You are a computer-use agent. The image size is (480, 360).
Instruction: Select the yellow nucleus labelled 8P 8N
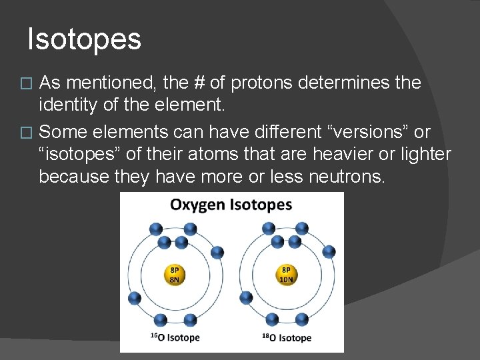coord(175,275)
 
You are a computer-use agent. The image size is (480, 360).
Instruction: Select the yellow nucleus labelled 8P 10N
coord(287,275)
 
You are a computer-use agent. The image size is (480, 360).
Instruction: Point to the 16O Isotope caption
coord(175,337)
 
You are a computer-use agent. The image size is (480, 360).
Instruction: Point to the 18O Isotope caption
coord(287,337)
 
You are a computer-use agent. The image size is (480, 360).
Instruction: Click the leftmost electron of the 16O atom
coord(134,297)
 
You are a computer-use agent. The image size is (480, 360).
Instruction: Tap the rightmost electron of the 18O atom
coord(329,251)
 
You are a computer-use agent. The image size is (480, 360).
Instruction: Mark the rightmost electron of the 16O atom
coord(217,251)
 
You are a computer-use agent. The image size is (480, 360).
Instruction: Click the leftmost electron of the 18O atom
coord(246,297)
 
